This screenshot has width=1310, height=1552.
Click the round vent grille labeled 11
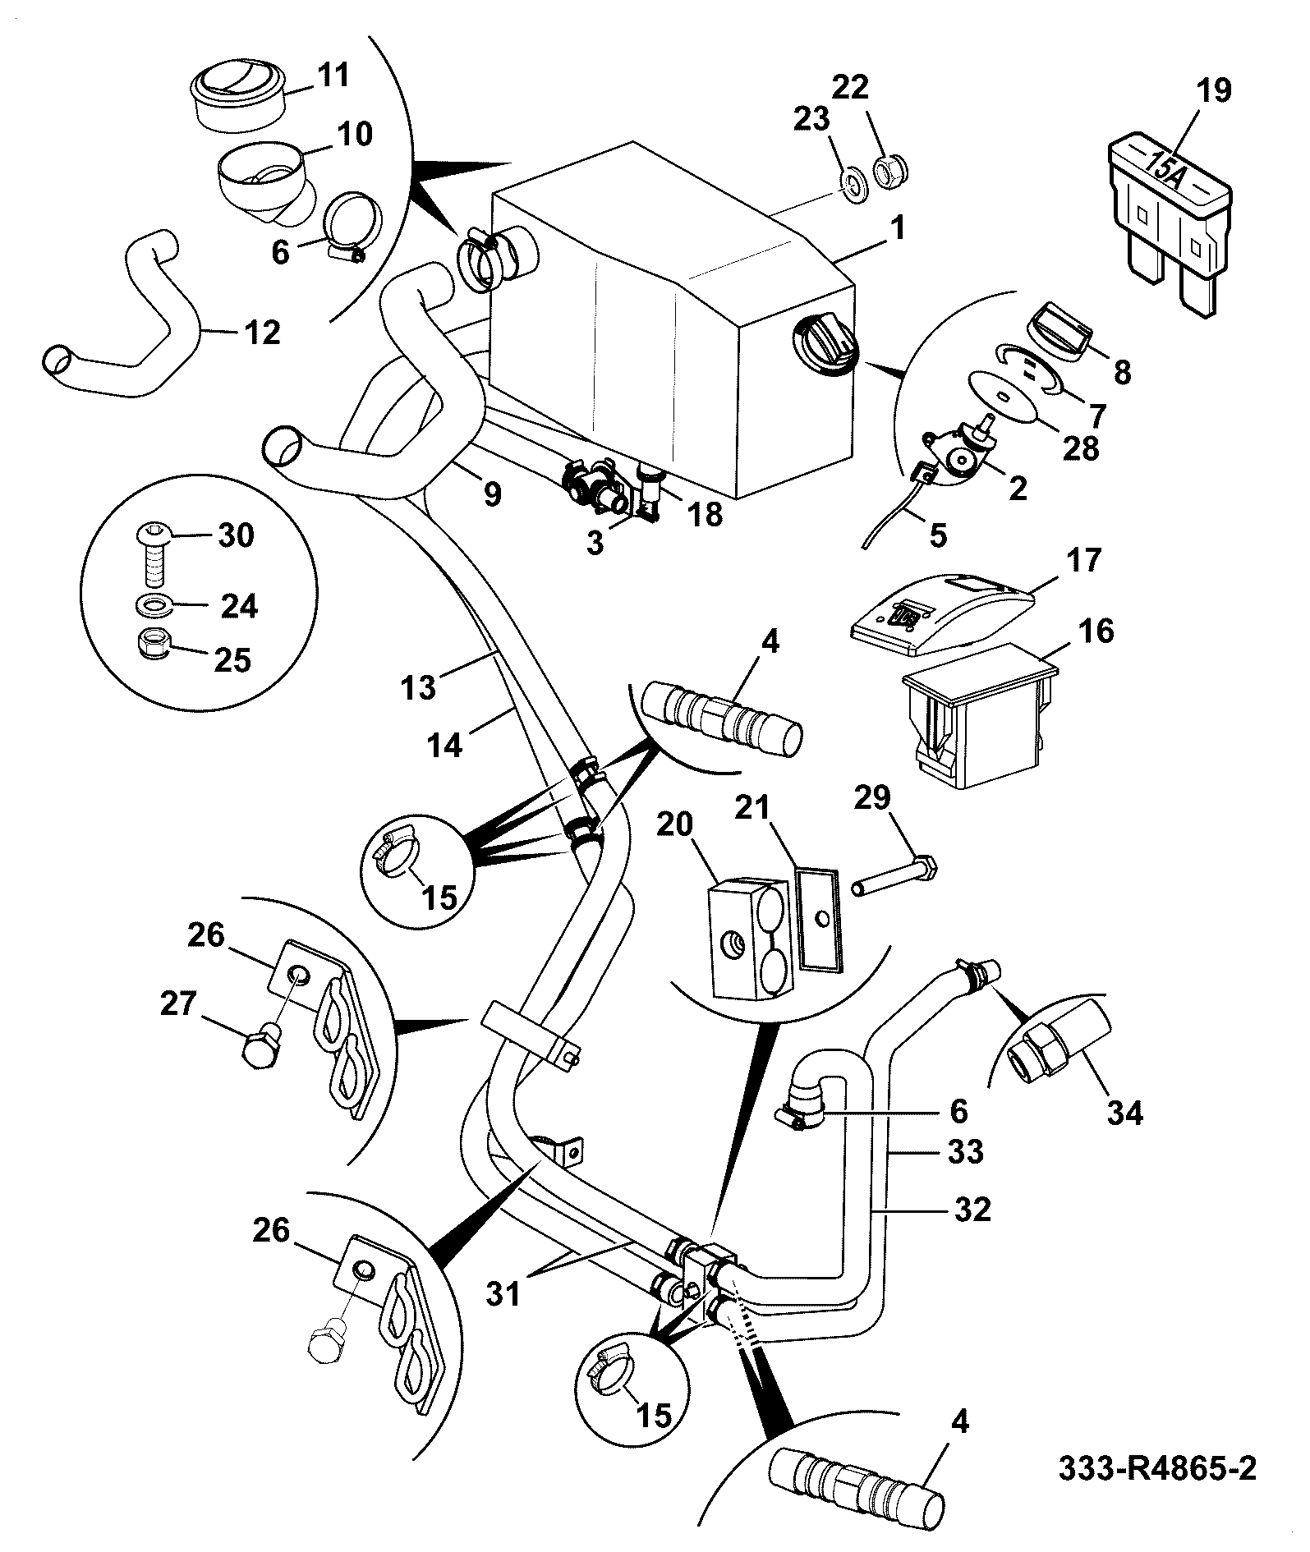[237, 92]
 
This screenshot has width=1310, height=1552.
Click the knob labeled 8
[1060, 329]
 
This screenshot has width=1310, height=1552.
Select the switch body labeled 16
[978, 715]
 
